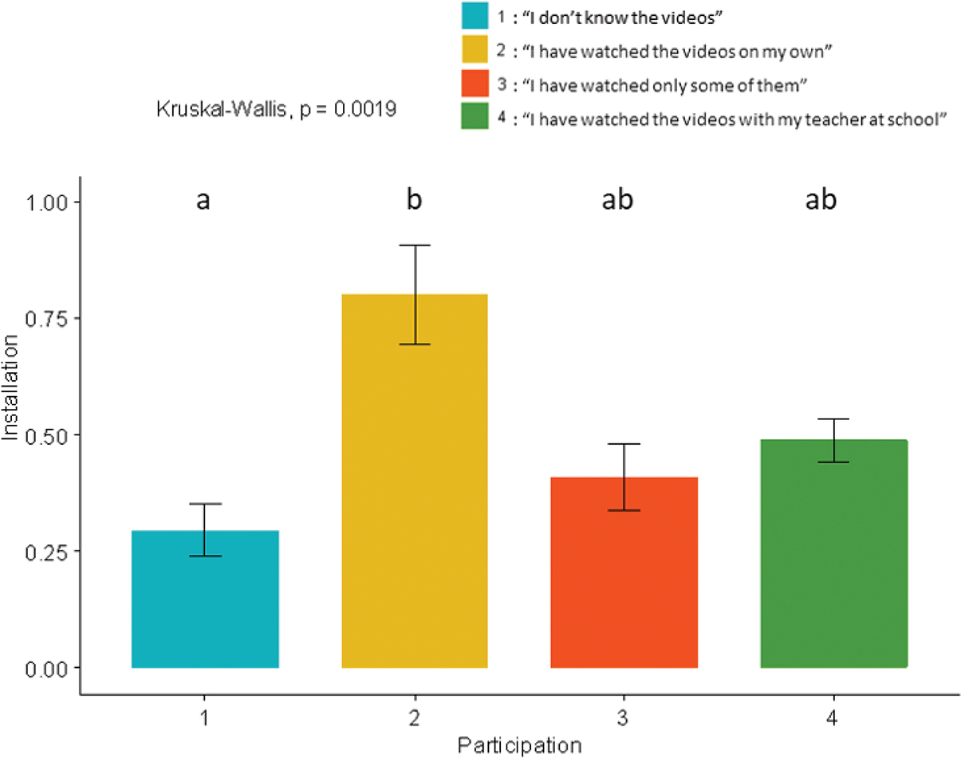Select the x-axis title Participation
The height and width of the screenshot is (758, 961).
click(x=519, y=746)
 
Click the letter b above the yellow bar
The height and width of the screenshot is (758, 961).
click(x=415, y=201)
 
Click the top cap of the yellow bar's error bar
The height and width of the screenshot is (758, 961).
click(x=415, y=245)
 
